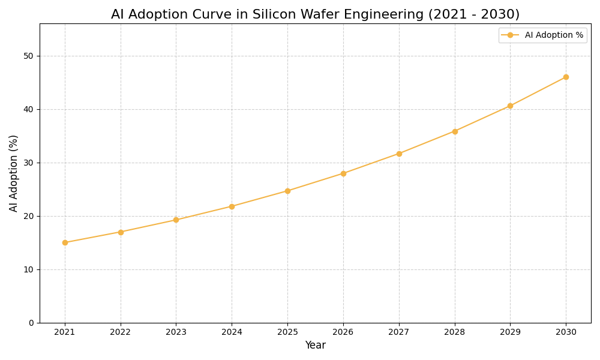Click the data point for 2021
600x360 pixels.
65,242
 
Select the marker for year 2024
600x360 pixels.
232,206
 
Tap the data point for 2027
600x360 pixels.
399,154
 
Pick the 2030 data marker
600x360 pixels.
566,77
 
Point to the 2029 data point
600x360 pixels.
510,106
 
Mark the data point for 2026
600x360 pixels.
343,173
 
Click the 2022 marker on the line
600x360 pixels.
121,232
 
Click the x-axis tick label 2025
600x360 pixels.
287,332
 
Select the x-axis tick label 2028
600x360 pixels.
455,332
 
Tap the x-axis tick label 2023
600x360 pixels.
176,332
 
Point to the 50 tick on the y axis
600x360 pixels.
28,56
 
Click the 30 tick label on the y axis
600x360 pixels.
28,163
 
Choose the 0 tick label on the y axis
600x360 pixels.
31,323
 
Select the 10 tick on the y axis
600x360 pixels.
28,269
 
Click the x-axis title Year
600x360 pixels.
315,346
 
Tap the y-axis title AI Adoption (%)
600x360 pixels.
14,173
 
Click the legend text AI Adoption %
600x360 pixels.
554,35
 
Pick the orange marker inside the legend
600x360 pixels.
510,35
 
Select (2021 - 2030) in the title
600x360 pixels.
473,14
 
